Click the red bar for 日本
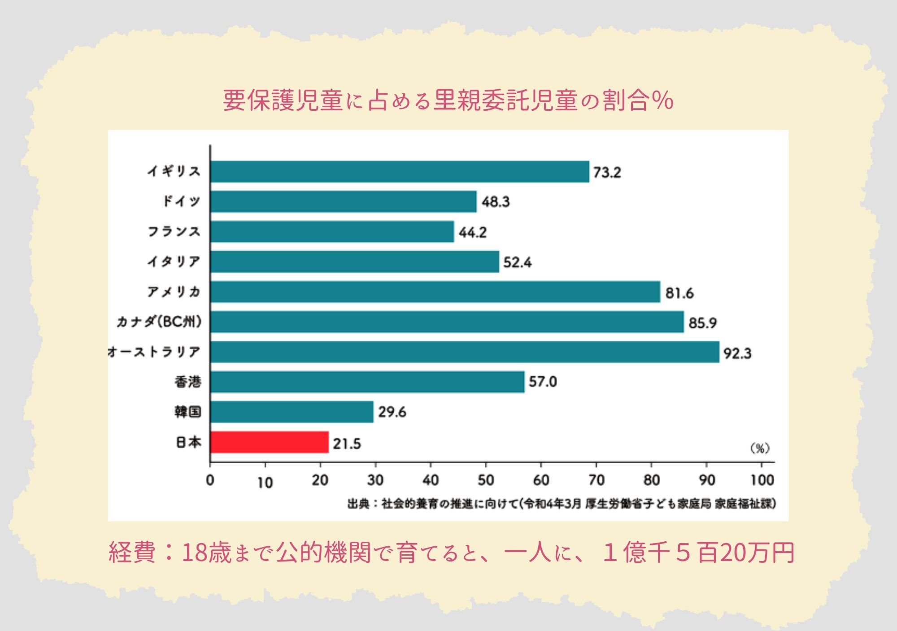pyautogui.click(x=269, y=442)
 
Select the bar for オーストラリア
pyautogui.click(x=465, y=352)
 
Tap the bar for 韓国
pyautogui.click(x=292, y=412)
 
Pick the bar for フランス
pyautogui.click(x=332, y=231)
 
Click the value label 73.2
pyautogui.click(x=607, y=173)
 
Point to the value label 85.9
pyautogui.click(x=702, y=323)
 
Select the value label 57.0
pyautogui.click(x=543, y=382)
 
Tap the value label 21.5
pyautogui.click(x=347, y=444)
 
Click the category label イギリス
pyautogui.click(x=174, y=171)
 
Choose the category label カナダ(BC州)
pyautogui.click(x=159, y=322)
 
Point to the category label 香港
pyautogui.click(x=187, y=382)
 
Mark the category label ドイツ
pyautogui.click(x=181, y=201)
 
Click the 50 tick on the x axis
pyautogui.click(x=486, y=480)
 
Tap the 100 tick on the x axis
pyautogui.click(x=762, y=480)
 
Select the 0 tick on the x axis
pyautogui.click(x=210, y=480)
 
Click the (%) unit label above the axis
pyautogui.click(x=760, y=448)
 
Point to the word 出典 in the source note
pyautogui.click(x=358, y=504)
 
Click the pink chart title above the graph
pyautogui.click(x=448, y=100)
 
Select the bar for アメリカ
pyautogui.click(x=435, y=292)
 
